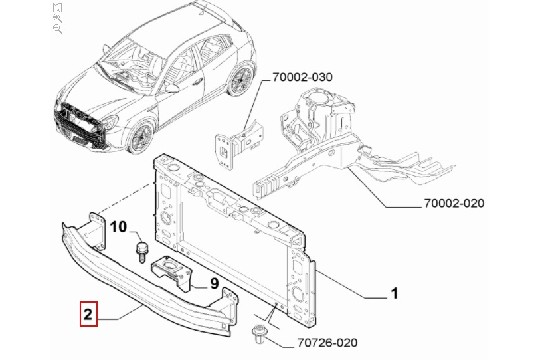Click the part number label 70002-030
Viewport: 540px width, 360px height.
302,77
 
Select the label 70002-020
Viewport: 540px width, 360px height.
454,203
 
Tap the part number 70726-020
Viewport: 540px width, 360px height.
327,342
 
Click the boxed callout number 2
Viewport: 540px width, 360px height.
89,314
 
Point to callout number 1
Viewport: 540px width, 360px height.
394,294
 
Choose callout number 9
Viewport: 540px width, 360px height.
214,284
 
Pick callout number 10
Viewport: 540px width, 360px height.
118,227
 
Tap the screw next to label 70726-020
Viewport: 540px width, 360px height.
257,334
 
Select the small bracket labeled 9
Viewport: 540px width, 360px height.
172,272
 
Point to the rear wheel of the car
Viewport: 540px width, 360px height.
241,79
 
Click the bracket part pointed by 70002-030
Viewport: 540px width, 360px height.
238,145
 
